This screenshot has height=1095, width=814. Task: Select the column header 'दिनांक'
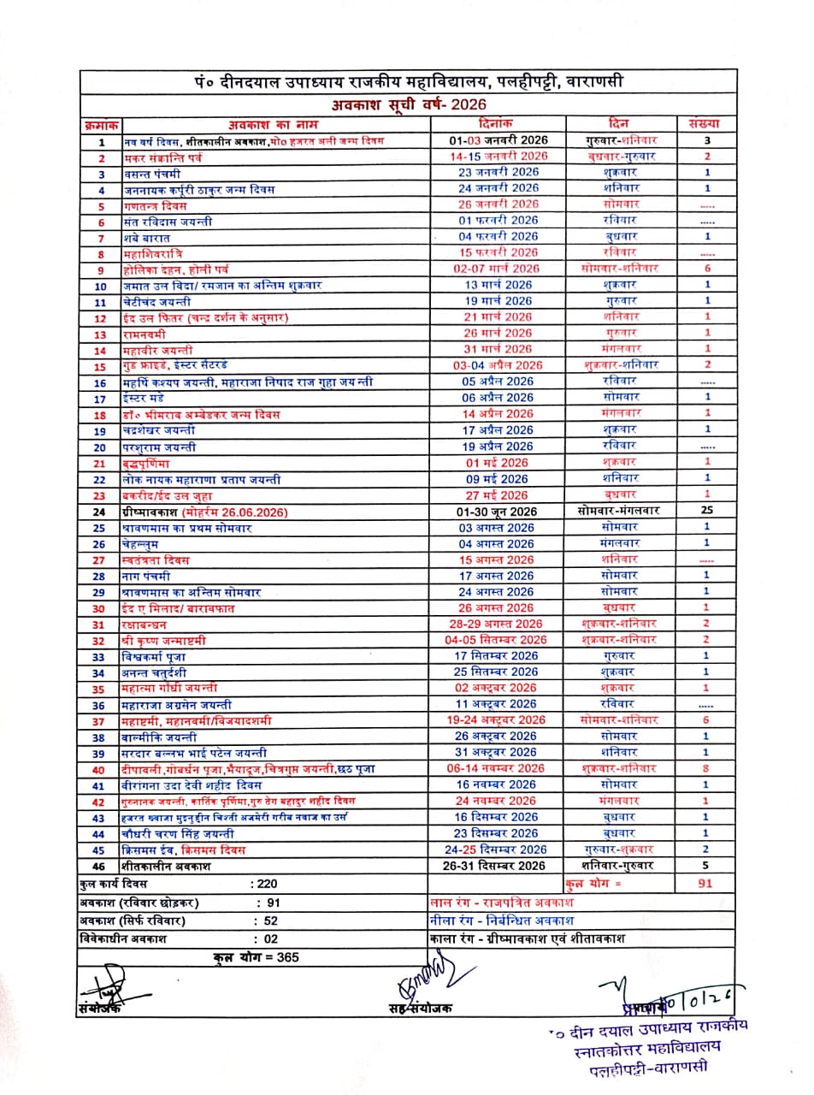tap(497, 123)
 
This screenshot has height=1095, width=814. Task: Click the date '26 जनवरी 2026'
tap(498, 204)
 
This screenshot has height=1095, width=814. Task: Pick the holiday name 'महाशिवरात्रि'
tap(154, 253)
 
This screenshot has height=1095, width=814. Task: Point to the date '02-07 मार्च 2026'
tap(497, 269)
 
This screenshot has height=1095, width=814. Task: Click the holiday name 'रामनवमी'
tap(146, 334)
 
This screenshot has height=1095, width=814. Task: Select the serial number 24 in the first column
tap(101, 512)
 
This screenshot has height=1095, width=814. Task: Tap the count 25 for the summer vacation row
tap(706, 511)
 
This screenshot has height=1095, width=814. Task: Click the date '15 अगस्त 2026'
tap(497, 559)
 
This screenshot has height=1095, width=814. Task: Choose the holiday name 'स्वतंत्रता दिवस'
tap(156, 559)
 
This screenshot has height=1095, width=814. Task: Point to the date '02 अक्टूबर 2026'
tap(497, 688)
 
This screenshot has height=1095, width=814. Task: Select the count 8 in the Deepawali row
tap(706, 768)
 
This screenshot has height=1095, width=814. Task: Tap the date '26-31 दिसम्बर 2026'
tap(497, 866)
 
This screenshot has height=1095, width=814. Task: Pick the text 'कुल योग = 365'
tap(256, 956)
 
